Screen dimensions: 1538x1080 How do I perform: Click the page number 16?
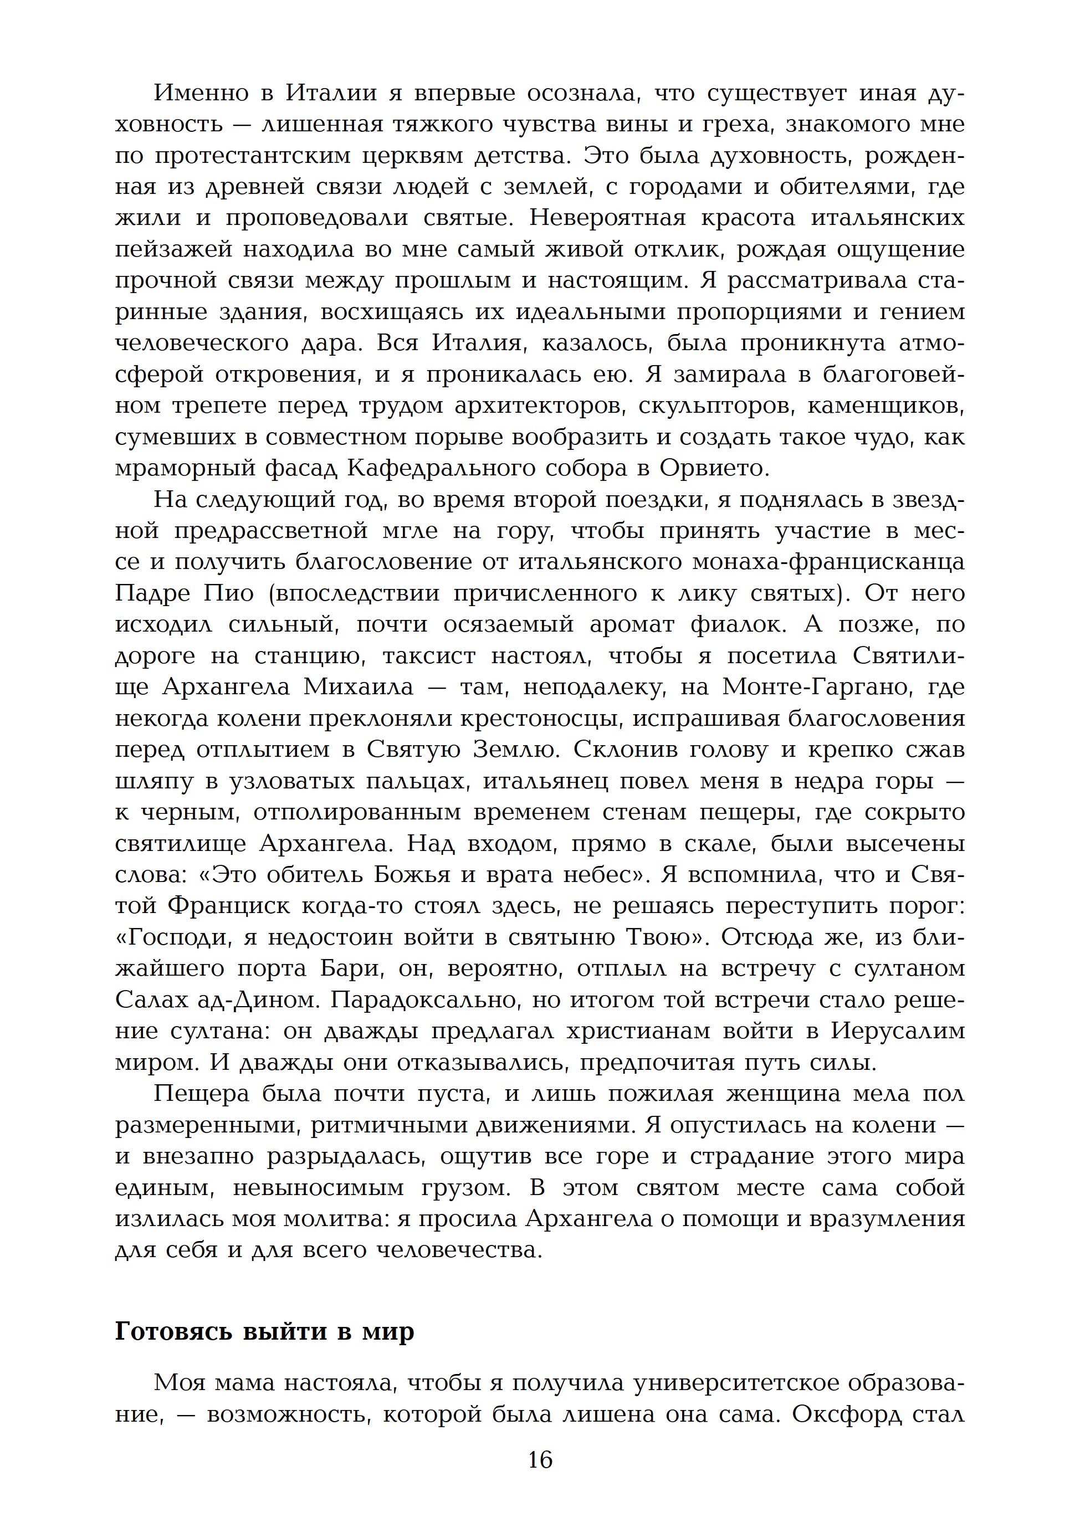click(539, 1459)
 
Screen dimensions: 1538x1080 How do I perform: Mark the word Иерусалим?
click(898, 1031)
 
